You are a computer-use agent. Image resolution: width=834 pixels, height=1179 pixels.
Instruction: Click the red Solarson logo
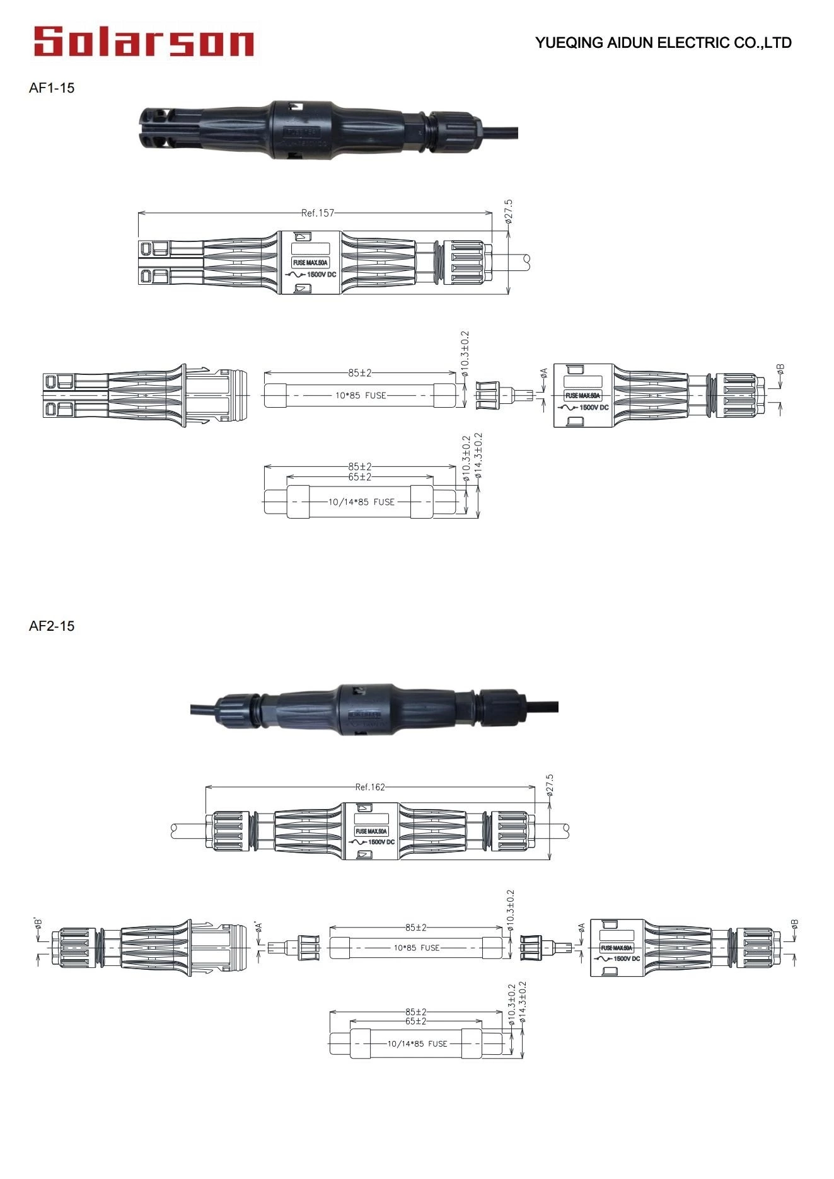click(x=144, y=42)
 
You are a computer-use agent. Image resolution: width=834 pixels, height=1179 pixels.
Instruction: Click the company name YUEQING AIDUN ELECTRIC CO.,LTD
click(x=663, y=43)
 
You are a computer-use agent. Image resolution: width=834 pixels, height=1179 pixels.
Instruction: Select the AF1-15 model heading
click(x=52, y=88)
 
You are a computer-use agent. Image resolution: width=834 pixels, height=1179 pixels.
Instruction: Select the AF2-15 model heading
click(x=52, y=626)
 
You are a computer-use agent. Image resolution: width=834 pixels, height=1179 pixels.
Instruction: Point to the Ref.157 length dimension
click(x=317, y=213)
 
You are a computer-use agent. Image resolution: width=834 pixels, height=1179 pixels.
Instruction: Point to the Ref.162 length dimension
click(x=370, y=787)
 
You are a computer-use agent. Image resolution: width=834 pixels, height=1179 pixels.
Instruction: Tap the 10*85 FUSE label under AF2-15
click(x=417, y=948)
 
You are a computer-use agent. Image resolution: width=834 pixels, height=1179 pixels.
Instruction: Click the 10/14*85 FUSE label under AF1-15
click(x=361, y=502)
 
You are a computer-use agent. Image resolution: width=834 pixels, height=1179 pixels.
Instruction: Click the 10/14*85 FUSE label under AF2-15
click(x=417, y=1044)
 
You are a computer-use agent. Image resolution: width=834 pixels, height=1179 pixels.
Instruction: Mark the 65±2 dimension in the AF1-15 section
click(x=360, y=477)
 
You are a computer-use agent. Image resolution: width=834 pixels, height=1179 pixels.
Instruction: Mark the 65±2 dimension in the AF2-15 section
click(x=416, y=1021)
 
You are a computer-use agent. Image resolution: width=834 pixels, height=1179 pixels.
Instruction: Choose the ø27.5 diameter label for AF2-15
click(x=550, y=786)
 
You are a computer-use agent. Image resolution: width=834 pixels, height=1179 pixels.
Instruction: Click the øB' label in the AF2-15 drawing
click(x=39, y=924)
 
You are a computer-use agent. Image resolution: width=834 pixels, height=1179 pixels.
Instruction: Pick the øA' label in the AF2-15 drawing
click(x=258, y=927)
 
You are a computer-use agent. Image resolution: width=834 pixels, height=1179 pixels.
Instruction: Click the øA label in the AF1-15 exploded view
click(x=544, y=374)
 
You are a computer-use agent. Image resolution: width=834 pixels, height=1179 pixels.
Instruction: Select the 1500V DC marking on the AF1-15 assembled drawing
click(x=320, y=275)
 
